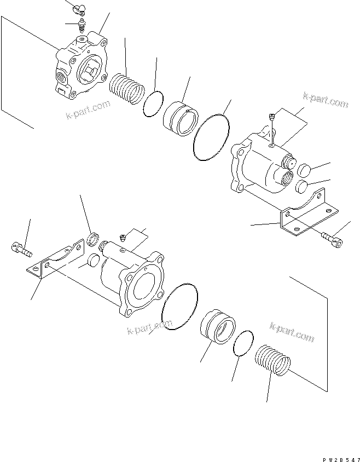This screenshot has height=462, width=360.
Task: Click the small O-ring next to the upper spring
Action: click(x=154, y=103)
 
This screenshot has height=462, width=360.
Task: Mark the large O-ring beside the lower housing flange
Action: click(x=179, y=308)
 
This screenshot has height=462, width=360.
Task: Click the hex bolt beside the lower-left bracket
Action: click(x=21, y=250)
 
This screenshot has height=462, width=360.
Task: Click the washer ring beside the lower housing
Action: click(x=94, y=239)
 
